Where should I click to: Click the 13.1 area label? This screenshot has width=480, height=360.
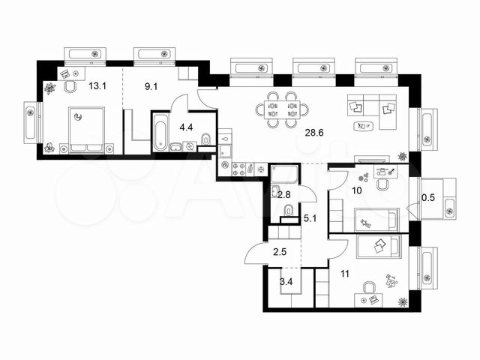click(x=97, y=86)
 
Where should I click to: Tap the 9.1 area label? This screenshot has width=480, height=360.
click(x=151, y=87)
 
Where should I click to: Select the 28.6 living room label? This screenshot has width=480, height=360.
click(x=314, y=133)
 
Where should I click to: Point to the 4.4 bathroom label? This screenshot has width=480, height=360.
click(x=186, y=127)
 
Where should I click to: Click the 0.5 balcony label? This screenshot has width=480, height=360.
click(x=428, y=198)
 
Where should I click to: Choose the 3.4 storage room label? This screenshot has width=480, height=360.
click(x=286, y=282)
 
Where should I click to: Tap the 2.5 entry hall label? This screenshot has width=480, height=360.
click(x=280, y=252)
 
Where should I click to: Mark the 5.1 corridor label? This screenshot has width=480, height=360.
click(x=310, y=218)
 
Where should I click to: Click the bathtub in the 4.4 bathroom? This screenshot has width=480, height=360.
click(x=160, y=132)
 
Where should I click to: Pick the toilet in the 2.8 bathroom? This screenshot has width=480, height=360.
click(x=289, y=211)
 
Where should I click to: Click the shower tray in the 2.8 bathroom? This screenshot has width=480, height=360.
click(x=284, y=175)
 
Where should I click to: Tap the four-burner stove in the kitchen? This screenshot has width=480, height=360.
click(x=238, y=169)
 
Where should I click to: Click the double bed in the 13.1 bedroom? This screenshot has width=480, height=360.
click(x=87, y=130)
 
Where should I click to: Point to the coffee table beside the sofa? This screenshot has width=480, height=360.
click(x=363, y=126)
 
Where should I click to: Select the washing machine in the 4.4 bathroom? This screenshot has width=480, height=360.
click(x=190, y=147)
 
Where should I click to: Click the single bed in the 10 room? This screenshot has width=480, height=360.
click(x=376, y=220)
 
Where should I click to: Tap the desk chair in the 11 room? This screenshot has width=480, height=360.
click(x=369, y=288)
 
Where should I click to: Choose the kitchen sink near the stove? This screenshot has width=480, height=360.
click(x=225, y=151)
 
